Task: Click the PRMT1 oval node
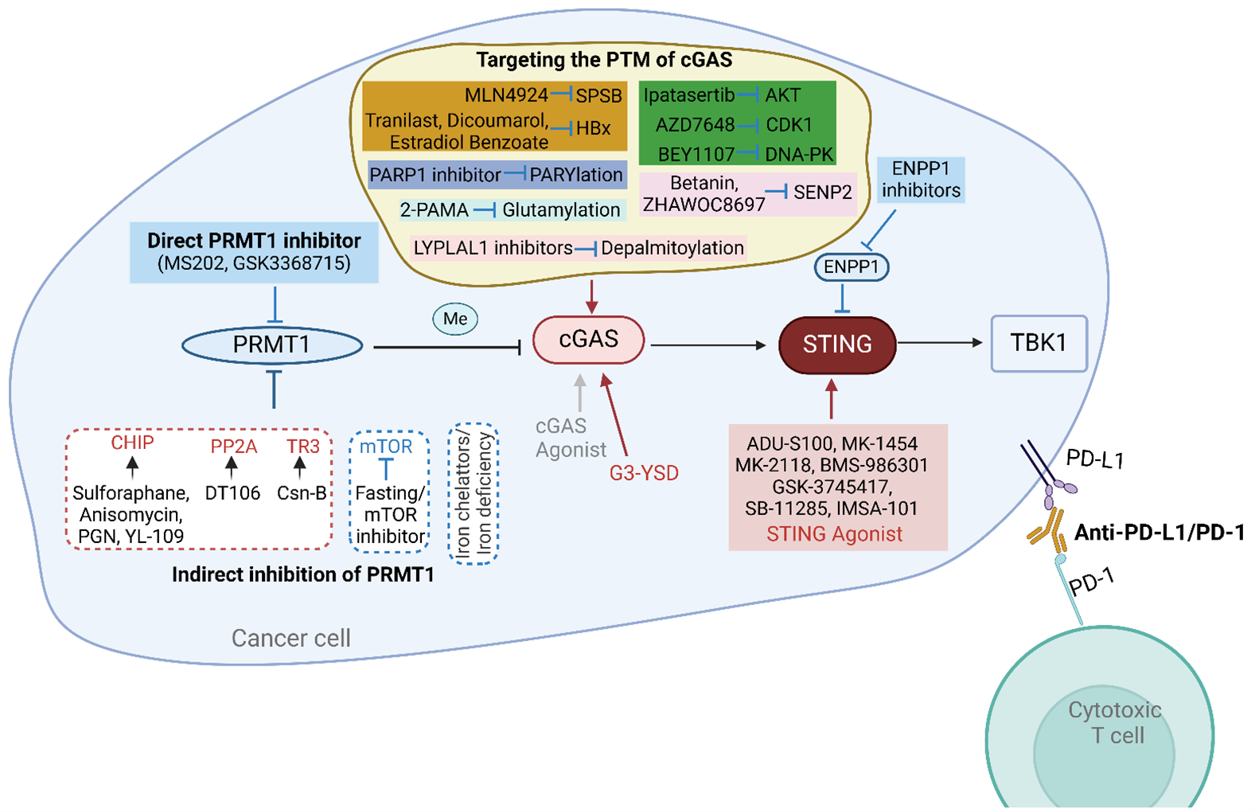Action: [272, 345]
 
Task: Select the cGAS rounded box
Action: [589, 340]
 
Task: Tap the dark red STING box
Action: [837, 345]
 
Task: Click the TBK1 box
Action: [1039, 343]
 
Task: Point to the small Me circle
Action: [455, 319]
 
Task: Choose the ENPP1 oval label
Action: [851, 267]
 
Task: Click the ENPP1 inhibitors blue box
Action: [921, 180]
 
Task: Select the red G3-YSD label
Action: [644, 474]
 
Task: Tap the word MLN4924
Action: [506, 96]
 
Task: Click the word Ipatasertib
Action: [689, 96]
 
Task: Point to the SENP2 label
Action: [823, 193]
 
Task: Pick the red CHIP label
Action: [132, 443]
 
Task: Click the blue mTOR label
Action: [386, 447]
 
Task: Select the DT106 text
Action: [232, 494]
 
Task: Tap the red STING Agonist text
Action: [834, 534]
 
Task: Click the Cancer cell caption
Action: [290, 638]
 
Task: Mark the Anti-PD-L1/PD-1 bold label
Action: [1160, 533]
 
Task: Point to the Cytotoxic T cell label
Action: [1115, 723]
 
